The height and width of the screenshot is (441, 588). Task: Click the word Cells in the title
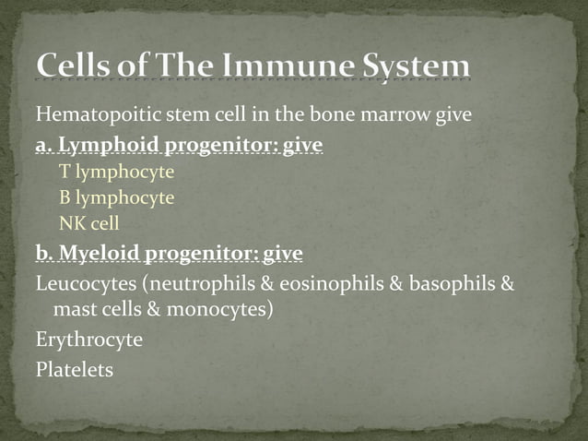[79, 67]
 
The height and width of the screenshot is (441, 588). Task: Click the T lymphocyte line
[116, 172]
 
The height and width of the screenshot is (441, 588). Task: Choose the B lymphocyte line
[116, 197]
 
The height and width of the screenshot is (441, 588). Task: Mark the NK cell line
[89, 223]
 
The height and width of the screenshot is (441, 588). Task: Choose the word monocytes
[222, 309]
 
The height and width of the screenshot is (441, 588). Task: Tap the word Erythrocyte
[88, 340]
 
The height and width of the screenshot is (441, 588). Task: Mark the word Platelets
[75, 369]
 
